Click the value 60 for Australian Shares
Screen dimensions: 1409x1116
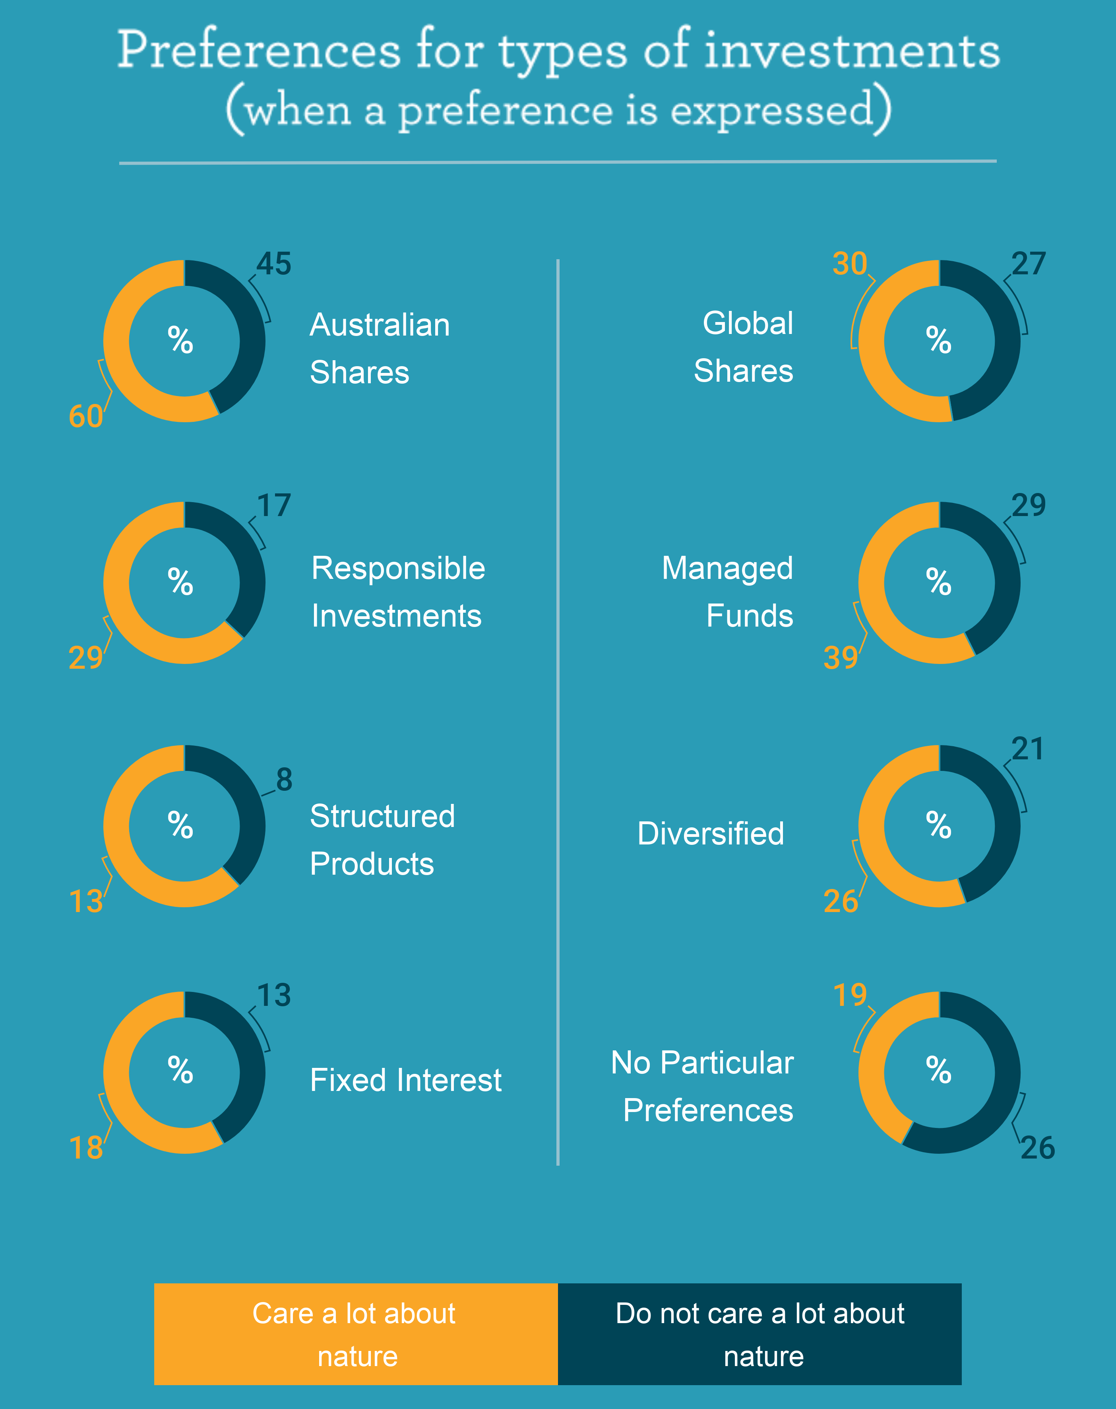[85, 416]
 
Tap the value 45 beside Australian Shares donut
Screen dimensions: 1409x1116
[274, 264]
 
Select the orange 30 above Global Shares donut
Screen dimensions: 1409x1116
[849, 264]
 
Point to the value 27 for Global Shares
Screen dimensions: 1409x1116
[1029, 264]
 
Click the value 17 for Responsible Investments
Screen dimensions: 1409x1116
[274, 506]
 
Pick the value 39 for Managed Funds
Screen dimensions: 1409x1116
[840, 658]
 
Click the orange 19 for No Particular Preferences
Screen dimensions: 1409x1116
[849, 995]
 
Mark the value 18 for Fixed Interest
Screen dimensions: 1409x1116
[85, 1148]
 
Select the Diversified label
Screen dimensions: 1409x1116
[710, 834]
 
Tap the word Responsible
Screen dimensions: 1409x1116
[398, 568]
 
